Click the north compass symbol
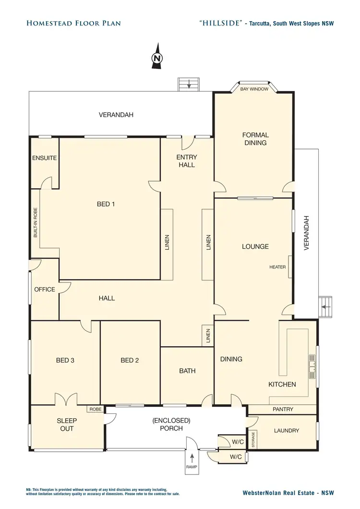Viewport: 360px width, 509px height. (156, 58)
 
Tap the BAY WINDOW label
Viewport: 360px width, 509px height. (254, 89)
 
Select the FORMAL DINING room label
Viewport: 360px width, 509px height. (255, 139)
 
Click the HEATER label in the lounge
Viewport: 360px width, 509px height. (277, 267)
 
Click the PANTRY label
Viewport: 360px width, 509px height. (283, 410)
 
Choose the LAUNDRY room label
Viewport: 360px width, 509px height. (287, 431)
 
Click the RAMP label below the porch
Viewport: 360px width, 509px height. (192, 467)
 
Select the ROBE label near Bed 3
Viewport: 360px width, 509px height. (95, 409)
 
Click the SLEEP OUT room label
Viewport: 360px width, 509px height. (67, 424)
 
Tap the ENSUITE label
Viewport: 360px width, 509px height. (45, 158)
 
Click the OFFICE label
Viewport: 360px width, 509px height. (45, 290)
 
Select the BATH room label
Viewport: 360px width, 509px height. (187, 371)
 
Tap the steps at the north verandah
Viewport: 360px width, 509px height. (189, 85)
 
